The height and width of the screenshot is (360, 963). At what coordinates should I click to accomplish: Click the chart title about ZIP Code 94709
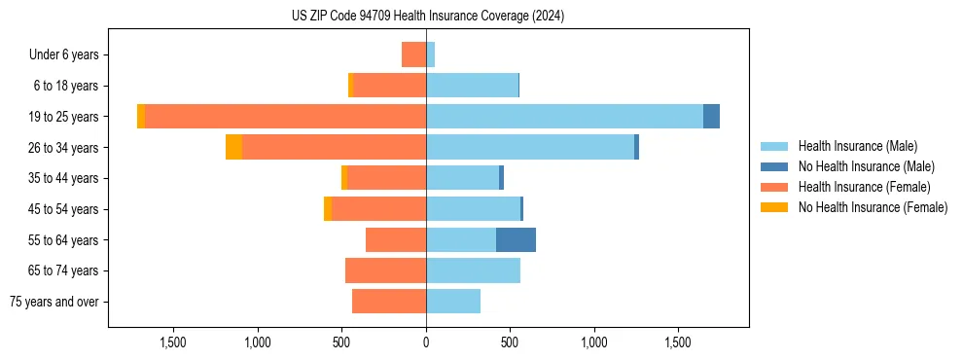click(x=428, y=17)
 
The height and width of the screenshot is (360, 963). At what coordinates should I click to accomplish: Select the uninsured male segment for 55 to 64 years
click(x=516, y=239)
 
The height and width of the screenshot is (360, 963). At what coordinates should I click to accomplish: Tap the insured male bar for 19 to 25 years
click(x=564, y=116)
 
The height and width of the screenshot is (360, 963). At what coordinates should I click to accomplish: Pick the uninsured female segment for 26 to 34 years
click(x=233, y=147)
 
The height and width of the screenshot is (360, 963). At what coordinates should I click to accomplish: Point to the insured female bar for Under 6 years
click(x=413, y=54)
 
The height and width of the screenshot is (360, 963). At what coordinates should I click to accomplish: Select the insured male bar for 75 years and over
click(x=453, y=302)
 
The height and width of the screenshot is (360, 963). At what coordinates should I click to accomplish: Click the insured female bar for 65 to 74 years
click(x=385, y=270)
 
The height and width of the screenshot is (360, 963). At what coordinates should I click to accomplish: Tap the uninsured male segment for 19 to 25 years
click(x=711, y=116)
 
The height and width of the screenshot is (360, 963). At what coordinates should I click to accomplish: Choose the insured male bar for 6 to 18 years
click(x=472, y=86)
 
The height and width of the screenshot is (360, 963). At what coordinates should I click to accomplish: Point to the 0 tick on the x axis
click(x=426, y=342)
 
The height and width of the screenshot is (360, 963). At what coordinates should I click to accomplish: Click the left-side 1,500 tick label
click(x=173, y=342)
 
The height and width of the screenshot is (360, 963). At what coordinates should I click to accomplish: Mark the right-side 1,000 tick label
click(x=594, y=342)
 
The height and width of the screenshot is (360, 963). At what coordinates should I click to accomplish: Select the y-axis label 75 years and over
click(x=54, y=302)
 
